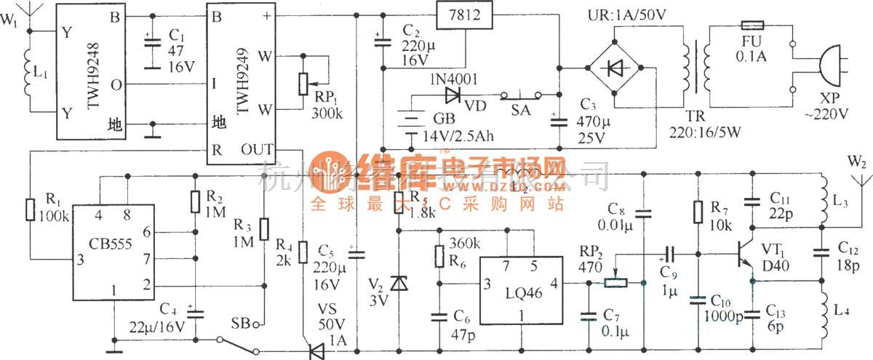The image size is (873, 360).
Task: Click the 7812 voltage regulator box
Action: click(463, 14)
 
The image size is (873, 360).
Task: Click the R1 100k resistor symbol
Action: click(31, 209)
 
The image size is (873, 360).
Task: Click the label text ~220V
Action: click(830, 114)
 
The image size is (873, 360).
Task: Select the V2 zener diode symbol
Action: click(399, 281)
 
